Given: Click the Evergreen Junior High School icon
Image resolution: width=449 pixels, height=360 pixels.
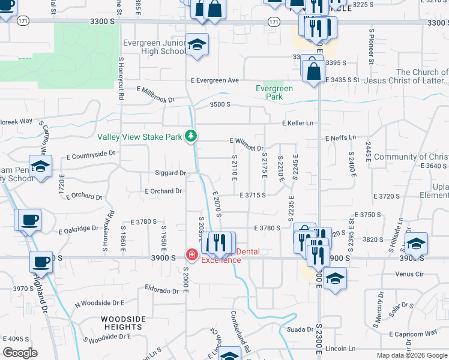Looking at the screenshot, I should tap(197, 45).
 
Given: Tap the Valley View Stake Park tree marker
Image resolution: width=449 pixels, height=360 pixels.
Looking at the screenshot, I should tap(191, 136).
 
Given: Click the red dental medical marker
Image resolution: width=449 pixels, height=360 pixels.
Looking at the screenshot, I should tap(192, 255).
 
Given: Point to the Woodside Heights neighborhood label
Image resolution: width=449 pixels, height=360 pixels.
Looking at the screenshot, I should tap(122, 323).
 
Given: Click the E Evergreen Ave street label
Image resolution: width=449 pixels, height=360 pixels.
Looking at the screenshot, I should tap(215, 80).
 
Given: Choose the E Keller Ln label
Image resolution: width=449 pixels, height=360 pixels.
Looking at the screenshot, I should tap(298, 123).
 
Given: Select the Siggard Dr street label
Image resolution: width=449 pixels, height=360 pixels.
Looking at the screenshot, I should tap(171, 173).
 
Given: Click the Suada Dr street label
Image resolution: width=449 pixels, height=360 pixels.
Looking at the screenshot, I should tap(301, 329).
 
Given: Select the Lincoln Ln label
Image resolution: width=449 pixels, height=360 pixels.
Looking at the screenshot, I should tap(340, 349).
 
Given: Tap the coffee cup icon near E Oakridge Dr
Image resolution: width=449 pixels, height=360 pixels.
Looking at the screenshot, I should tap(29, 220).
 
